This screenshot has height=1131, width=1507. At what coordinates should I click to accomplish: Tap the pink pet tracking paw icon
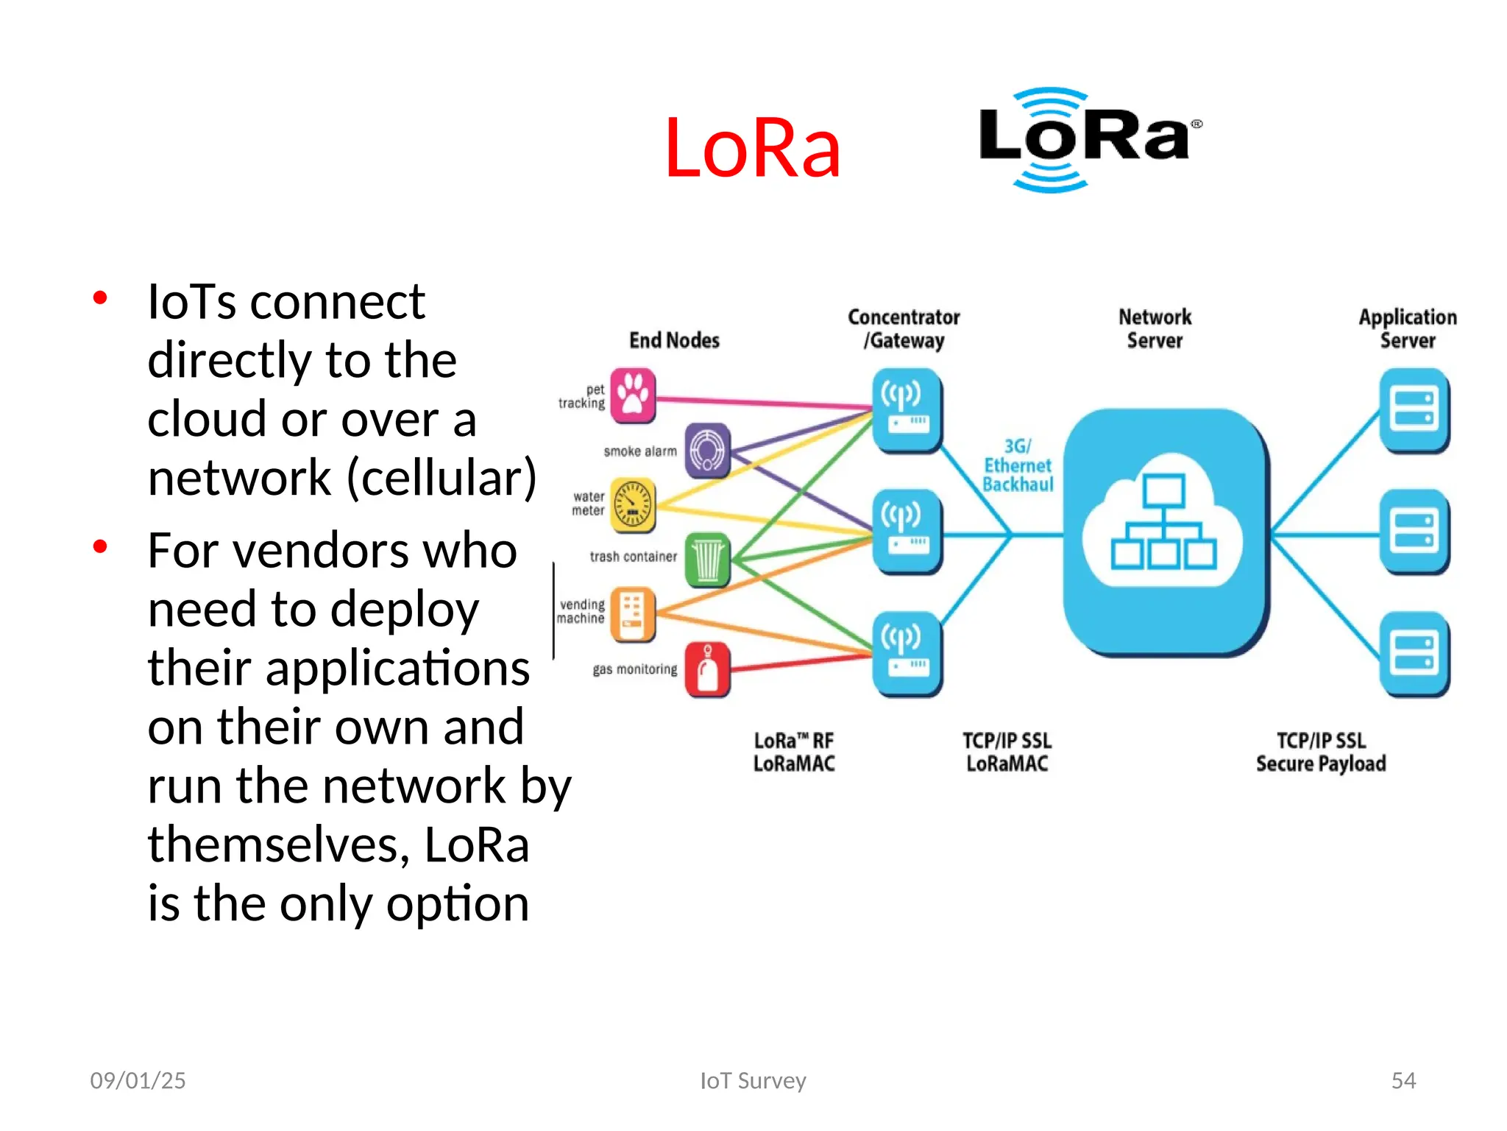coord(633,396)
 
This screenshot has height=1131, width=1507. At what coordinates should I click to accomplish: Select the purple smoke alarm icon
coord(708,450)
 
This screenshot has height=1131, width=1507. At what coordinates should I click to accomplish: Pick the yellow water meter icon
coord(633,505)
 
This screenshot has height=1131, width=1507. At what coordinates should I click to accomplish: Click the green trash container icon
coord(708,560)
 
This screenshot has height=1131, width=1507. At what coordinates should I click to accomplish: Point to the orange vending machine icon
coord(633,613)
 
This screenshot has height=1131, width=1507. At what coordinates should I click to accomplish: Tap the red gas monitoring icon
coord(708,669)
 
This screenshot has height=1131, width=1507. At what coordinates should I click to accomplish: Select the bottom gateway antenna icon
coord(907,653)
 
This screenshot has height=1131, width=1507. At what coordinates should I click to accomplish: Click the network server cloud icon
coord(1164,532)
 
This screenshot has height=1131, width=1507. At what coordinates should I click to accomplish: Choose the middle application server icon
coord(1414,532)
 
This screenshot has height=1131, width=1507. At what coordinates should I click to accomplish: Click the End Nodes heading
coord(674,340)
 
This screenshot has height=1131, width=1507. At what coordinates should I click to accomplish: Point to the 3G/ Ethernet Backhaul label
coord(1018,465)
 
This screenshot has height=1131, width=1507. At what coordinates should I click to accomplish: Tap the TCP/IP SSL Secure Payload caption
coord(1321,752)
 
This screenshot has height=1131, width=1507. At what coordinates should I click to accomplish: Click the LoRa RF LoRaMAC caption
coord(794,752)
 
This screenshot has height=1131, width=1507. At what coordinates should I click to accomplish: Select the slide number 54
coord(1403,1080)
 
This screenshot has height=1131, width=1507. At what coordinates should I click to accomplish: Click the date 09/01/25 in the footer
coord(138,1080)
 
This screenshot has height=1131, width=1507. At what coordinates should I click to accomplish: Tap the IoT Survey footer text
coord(753,1080)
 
